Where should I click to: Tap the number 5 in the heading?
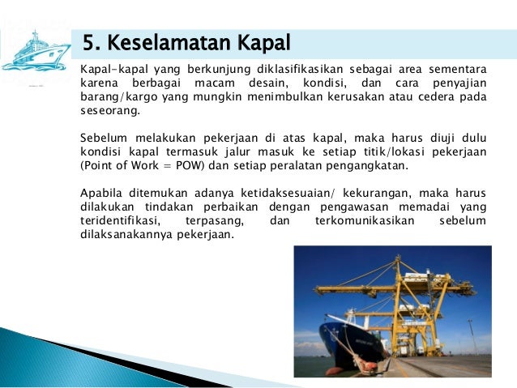pyautogui.click(x=89, y=42)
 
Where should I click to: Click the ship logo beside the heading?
pyautogui.click(x=36, y=49)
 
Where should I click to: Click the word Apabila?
pyautogui.click(x=101, y=192)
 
